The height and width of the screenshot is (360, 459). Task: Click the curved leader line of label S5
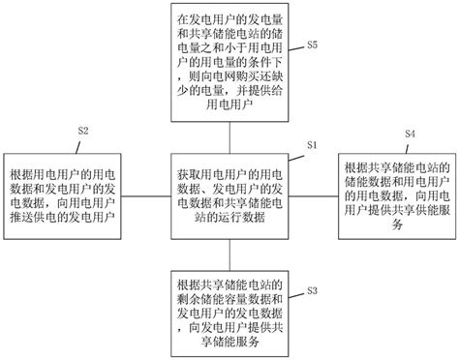(298, 51)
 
